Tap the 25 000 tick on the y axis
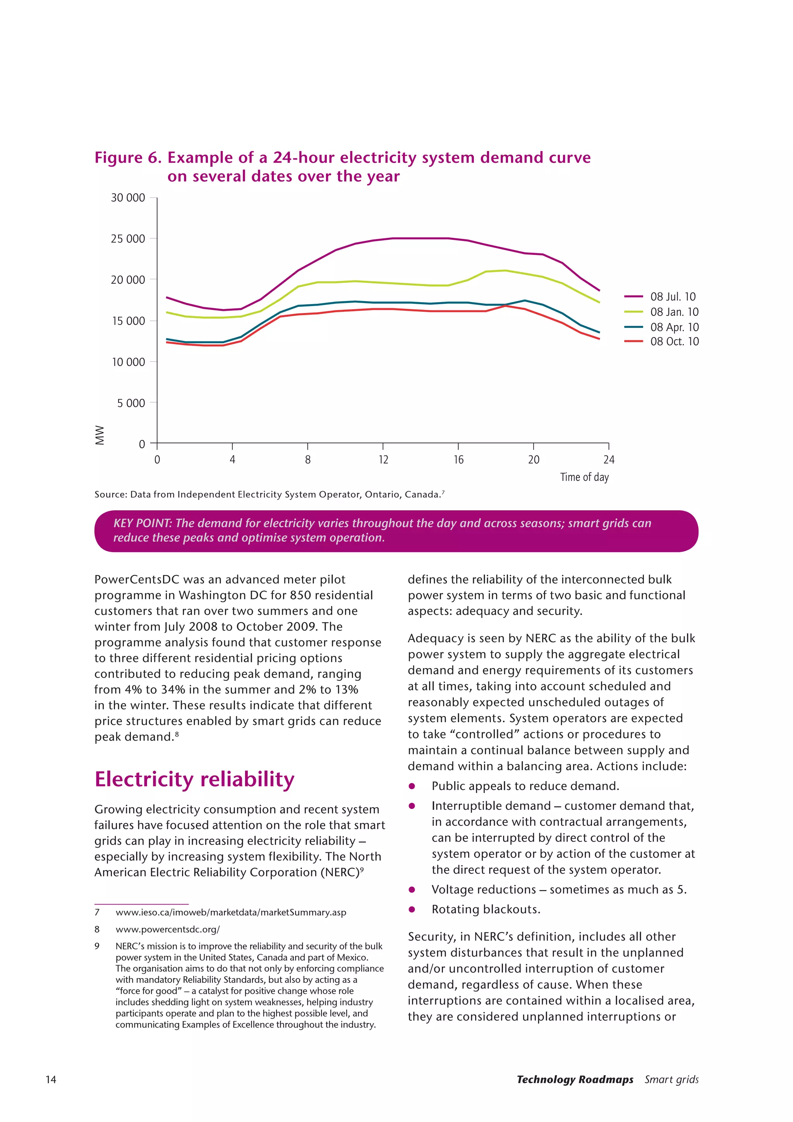128,239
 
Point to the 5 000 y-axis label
131,403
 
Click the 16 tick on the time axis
458,459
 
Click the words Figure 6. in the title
128,158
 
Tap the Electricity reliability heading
194,779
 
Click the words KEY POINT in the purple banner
142,523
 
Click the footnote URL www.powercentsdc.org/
168,929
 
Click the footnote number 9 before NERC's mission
97,946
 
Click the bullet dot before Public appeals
412,786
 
